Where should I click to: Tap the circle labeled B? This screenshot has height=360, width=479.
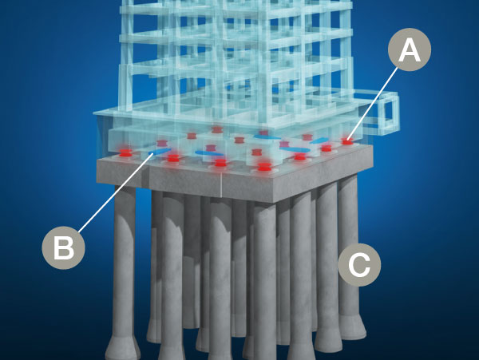click(62, 247)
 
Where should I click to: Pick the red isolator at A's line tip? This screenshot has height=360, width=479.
click(347, 141)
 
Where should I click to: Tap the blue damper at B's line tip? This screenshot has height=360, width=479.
click(158, 152)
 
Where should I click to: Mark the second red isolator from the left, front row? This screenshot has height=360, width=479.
click(173, 158)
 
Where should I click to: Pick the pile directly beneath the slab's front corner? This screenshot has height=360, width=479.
click(265, 271)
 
